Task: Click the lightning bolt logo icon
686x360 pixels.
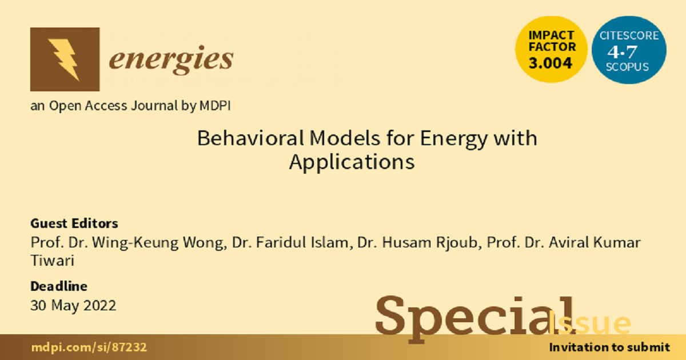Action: [63, 59]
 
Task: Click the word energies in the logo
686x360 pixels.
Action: [171, 59]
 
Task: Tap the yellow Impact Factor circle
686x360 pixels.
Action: [551, 48]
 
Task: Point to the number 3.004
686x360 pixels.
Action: [551, 63]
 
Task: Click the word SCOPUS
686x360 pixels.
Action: [628, 67]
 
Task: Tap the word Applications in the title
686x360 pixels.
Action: [351, 162]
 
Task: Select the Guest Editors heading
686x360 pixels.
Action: [74, 223]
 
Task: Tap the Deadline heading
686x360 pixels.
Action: [59, 286]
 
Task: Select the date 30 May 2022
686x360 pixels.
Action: [73, 306]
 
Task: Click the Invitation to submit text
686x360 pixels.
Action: [609, 347]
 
